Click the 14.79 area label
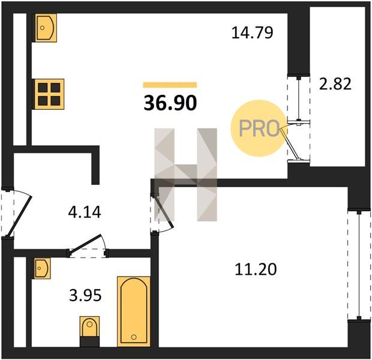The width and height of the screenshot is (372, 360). tap(252, 32)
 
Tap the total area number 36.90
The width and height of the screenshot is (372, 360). tap(170, 103)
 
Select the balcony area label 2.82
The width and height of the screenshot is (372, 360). tap(335, 84)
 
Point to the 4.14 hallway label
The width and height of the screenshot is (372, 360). tap(85, 212)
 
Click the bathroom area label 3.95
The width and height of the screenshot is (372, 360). tap(85, 295)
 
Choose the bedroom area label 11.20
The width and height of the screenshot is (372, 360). tap(256, 269)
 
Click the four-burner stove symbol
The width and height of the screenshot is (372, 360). tap(49, 94)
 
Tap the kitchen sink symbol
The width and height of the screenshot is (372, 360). tap(46, 28)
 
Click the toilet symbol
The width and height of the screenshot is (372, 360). tap(89, 331)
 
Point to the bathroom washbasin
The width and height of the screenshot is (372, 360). tap(43, 268)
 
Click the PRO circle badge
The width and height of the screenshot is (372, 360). tap(259, 128)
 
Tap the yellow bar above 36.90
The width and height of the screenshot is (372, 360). tap(170, 85)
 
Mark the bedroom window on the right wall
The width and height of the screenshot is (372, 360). tap(359, 265)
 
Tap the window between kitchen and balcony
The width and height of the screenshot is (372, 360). tap(299, 99)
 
